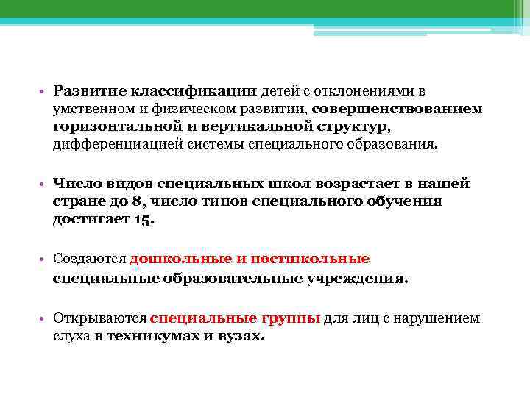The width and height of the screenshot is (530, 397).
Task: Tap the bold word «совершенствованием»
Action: click(x=397, y=110)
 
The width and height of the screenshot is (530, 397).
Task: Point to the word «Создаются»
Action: click(x=89, y=260)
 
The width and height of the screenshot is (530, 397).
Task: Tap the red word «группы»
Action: click(x=290, y=319)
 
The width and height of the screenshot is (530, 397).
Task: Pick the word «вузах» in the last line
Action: click(x=239, y=337)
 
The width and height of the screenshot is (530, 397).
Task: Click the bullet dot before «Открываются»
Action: click(x=44, y=319)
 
